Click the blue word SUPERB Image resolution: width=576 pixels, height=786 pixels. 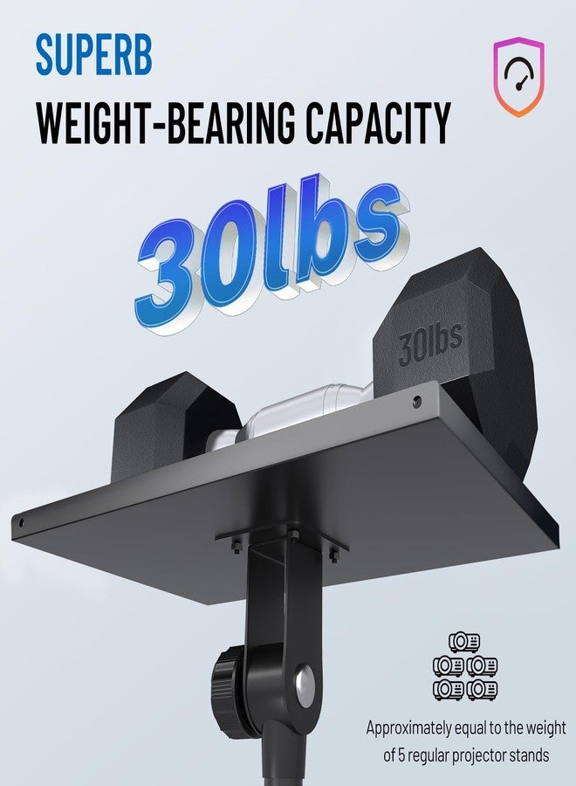click(x=93, y=55)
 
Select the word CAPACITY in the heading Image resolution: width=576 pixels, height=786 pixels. click(x=378, y=122)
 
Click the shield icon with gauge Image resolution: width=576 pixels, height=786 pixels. click(x=518, y=76)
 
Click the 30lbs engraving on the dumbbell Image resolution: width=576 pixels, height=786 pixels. click(x=430, y=346)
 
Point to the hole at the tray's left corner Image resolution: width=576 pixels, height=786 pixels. click(x=21, y=523)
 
